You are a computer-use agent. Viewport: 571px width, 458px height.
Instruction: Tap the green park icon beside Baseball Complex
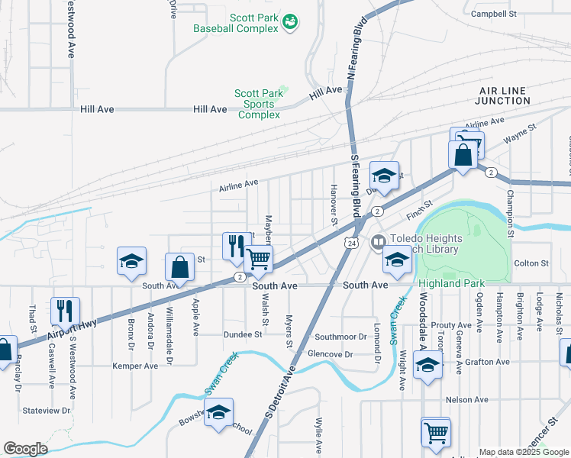[290, 22]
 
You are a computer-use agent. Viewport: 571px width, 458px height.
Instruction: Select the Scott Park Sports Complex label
[260, 104]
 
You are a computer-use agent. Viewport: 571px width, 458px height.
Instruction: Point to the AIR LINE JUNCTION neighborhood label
[501, 95]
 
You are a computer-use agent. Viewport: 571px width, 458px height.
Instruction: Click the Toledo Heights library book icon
[377, 244]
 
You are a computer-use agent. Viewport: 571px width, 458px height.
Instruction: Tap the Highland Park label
[452, 284]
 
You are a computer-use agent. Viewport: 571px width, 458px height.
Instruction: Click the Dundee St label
[243, 334]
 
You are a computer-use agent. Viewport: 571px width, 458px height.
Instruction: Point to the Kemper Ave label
[135, 366]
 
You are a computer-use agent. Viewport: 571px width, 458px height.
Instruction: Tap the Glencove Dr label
[330, 354]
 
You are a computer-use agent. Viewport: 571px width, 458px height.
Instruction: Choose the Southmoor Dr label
[340, 337]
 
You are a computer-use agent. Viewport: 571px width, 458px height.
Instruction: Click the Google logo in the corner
[25, 449]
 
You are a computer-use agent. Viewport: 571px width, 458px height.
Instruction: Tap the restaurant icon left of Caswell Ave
[62, 310]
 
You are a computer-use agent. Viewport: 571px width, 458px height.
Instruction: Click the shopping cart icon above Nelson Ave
[435, 431]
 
